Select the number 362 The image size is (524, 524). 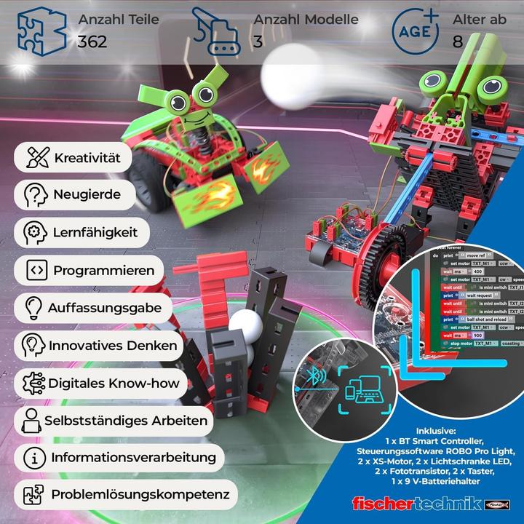point(92,41)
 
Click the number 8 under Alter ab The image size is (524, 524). point(458,41)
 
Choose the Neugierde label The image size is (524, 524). point(86,194)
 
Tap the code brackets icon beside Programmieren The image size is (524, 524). point(36,270)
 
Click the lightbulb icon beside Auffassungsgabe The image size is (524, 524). point(33,308)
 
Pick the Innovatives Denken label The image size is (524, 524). point(112,345)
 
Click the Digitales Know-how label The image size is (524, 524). point(113,383)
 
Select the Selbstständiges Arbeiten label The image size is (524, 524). point(125,420)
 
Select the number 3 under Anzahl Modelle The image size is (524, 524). point(258,41)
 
